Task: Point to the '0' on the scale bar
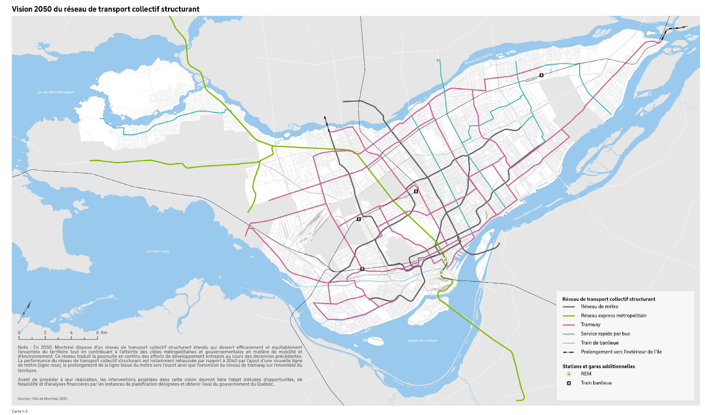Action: coord(19,333)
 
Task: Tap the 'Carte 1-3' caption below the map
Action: coord(20,411)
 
